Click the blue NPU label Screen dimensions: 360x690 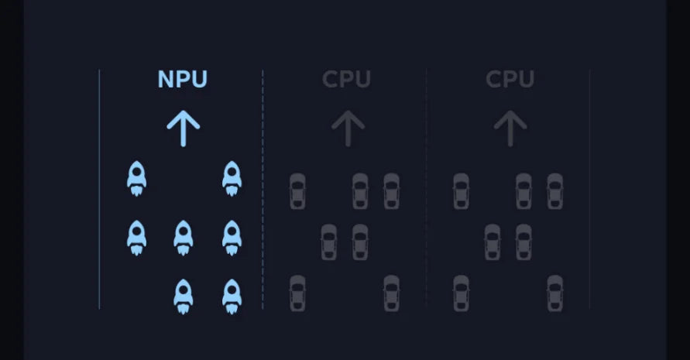click(x=183, y=80)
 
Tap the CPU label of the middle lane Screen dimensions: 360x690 click(x=346, y=80)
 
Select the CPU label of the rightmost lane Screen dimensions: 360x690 click(x=510, y=80)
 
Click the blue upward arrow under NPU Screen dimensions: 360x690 click(x=184, y=129)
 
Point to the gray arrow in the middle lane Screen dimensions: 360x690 click(x=348, y=129)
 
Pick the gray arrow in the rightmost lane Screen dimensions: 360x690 click(x=510, y=129)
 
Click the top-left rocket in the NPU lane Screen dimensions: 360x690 click(x=137, y=178)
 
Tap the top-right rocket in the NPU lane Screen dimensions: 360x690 click(x=232, y=178)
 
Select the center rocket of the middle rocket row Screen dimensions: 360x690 click(x=184, y=237)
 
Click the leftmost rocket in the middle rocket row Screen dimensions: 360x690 click(x=137, y=237)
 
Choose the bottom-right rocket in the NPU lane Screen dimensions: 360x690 click(x=232, y=296)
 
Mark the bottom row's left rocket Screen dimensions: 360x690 click(x=184, y=296)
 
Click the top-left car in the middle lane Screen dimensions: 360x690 click(x=297, y=191)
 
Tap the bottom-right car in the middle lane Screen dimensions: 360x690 click(x=392, y=293)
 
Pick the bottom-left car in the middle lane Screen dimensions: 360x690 click(x=297, y=293)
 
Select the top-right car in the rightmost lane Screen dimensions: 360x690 click(x=554, y=191)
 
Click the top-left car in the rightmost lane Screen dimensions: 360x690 click(x=461, y=191)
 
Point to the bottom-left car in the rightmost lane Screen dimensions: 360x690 click(x=461, y=293)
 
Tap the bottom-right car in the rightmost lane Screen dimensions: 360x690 click(x=555, y=293)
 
